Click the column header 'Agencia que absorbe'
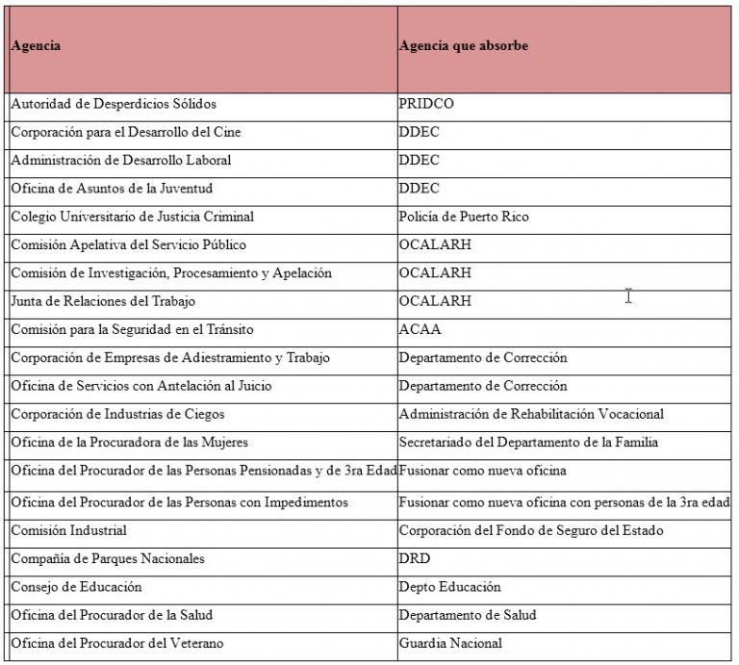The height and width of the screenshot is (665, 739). point(464,46)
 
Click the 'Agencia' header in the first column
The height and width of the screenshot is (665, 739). point(36,46)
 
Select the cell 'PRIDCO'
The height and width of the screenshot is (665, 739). point(425,104)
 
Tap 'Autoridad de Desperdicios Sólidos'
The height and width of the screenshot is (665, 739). point(114,104)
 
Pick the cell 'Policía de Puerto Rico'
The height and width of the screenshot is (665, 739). point(464,217)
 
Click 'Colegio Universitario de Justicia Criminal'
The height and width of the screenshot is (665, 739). point(132,217)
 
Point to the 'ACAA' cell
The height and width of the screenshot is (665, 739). point(420,329)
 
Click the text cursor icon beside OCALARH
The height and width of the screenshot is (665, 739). point(628,296)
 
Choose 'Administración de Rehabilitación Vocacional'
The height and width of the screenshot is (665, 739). point(531,415)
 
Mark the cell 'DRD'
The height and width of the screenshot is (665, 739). point(415,559)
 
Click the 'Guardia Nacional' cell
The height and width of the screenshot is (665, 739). point(450,644)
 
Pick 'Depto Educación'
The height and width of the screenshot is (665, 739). point(450,587)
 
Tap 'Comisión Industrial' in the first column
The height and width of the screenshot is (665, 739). point(69,530)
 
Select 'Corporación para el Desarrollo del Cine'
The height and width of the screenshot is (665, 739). point(120,132)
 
